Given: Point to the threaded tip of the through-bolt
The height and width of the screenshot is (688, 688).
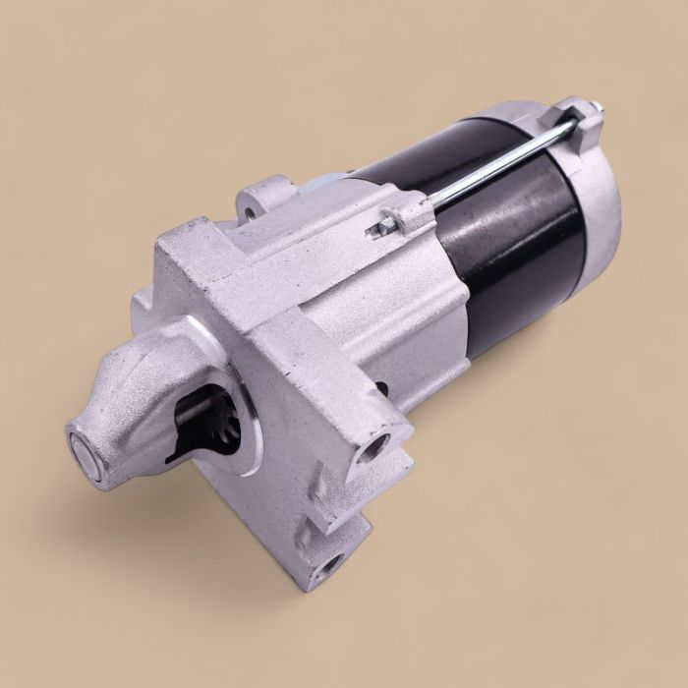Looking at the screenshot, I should pyautogui.click(x=378, y=230).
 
